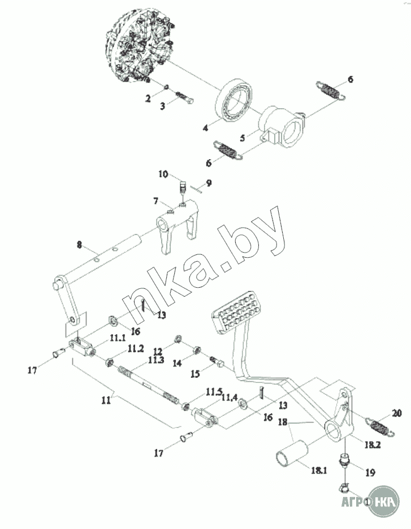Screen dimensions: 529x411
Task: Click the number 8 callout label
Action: pos(80,245)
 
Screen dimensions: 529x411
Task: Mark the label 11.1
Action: pos(118,338)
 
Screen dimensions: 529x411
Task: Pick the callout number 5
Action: pos(243,138)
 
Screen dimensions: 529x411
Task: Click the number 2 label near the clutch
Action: pos(148,99)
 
